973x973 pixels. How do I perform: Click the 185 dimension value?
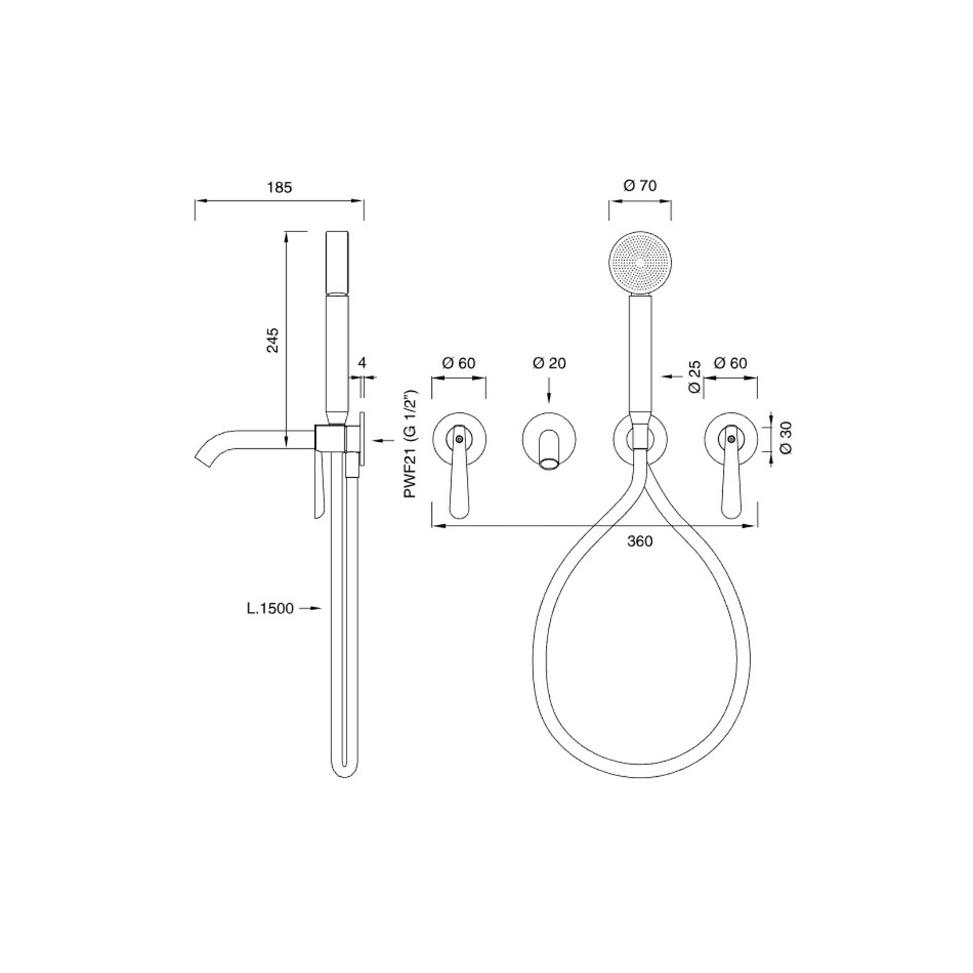[x=279, y=187]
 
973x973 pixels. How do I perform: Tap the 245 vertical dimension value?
[x=273, y=340]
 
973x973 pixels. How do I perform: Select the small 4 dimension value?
[x=362, y=363]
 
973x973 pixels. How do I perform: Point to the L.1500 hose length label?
[x=269, y=608]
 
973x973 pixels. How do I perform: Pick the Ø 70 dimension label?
[x=640, y=186]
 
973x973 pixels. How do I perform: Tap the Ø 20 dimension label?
[x=549, y=363]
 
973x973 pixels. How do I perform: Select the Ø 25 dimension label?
[x=694, y=377]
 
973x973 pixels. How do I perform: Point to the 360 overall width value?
[x=640, y=541]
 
